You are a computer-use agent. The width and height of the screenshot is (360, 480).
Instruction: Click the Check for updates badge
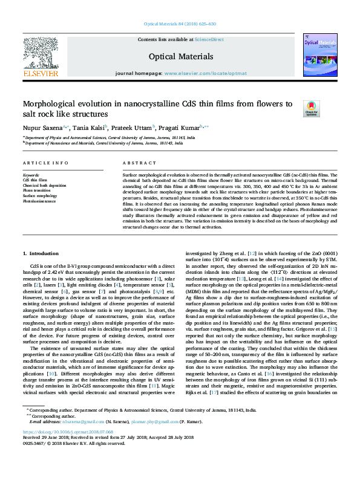310,109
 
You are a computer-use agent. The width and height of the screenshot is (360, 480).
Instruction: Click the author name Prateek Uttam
133,128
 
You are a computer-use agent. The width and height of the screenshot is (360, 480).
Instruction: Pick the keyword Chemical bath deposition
45,185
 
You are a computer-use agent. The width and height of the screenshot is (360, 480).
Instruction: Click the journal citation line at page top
180,24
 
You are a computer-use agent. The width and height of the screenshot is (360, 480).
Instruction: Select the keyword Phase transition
37,190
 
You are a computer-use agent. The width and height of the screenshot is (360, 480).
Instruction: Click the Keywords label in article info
31,175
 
